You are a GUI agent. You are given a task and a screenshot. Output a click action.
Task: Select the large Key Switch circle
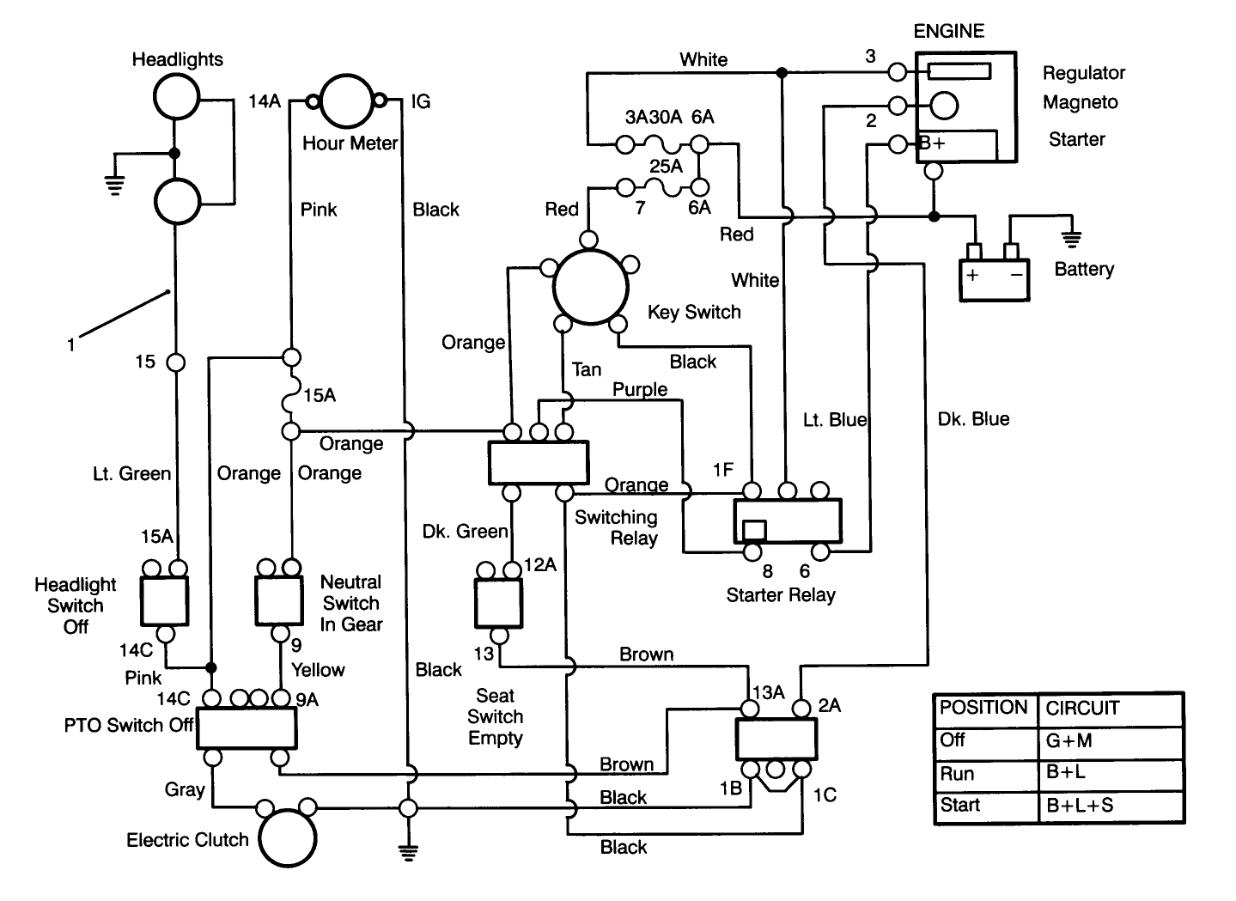coord(590,285)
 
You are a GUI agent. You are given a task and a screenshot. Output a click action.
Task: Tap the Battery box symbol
coord(993,280)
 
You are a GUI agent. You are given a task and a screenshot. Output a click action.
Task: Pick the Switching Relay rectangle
coord(539,463)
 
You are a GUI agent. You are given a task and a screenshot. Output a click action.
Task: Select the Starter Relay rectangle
coord(787,521)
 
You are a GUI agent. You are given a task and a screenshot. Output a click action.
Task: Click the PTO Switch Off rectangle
coord(247,728)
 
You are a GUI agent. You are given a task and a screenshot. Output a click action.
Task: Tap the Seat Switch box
coord(498,603)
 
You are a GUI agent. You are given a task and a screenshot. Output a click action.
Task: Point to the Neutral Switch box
coord(279,600)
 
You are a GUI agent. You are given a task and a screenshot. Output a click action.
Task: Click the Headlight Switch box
coord(164,600)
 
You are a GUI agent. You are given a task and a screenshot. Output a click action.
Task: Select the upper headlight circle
coord(177,96)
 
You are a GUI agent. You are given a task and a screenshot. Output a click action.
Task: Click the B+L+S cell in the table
coord(1108,806)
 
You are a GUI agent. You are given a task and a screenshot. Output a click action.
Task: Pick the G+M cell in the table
coord(1108,741)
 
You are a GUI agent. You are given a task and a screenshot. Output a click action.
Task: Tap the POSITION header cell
coord(983,708)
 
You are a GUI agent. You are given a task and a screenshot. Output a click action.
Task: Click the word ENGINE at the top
coord(948,31)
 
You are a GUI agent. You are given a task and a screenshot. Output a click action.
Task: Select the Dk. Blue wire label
coord(973,419)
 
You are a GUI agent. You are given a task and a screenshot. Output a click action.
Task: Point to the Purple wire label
coord(640,389)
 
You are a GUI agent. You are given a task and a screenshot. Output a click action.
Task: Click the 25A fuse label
coord(666,166)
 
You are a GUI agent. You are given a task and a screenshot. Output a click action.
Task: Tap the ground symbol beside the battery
coord(1071,238)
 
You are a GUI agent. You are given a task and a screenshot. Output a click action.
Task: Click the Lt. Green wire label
coord(131,473)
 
